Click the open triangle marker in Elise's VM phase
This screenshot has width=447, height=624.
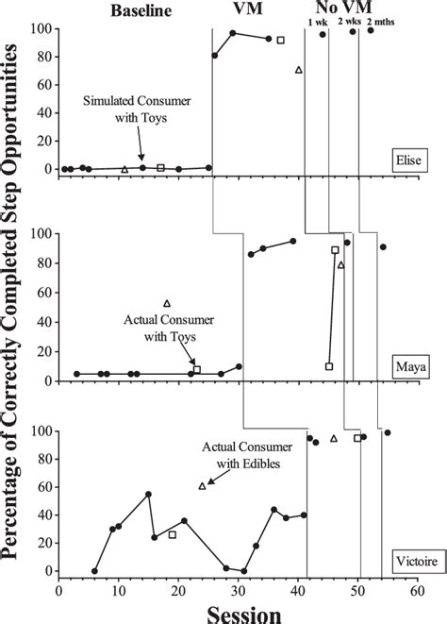tap(299, 70)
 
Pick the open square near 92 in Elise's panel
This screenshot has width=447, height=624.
tap(280, 40)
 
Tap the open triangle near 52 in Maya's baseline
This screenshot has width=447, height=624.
tap(167, 303)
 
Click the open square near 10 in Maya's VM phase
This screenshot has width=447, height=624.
tap(328, 366)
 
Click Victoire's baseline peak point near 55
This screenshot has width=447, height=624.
tap(148, 494)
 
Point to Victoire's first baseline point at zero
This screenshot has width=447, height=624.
tap(94, 571)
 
